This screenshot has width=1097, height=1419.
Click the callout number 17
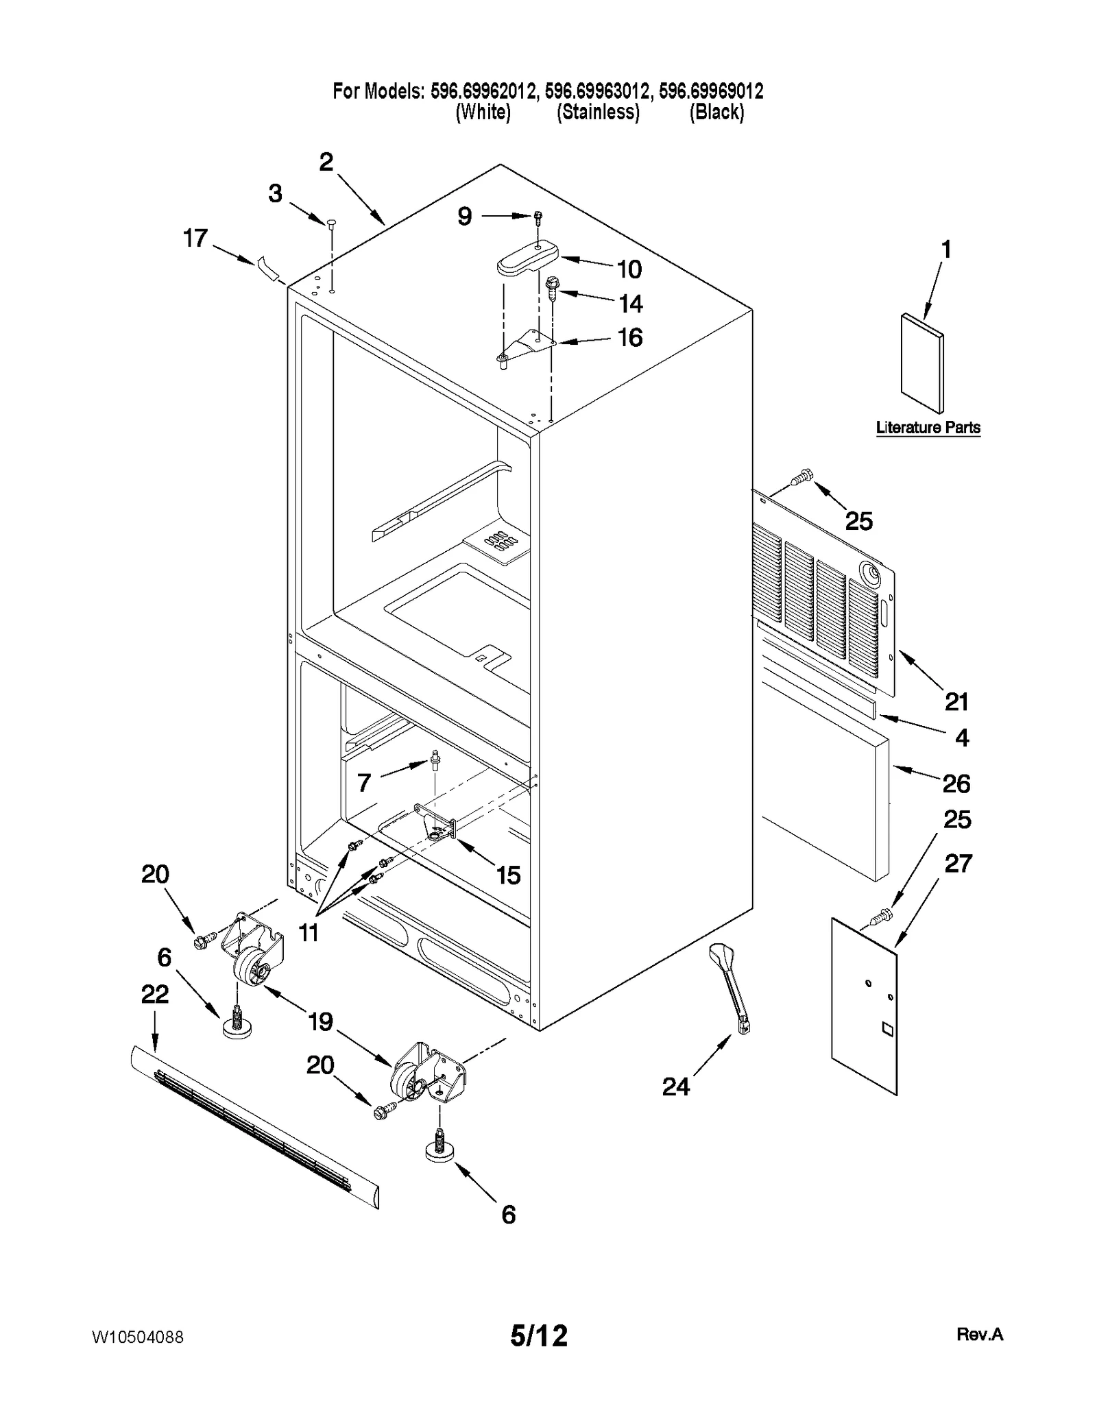point(195,239)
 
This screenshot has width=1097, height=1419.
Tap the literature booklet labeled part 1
point(921,364)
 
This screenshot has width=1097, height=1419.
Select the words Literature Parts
point(928,428)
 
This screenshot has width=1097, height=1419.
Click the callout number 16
point(630,337)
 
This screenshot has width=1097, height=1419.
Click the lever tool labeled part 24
point(732,988)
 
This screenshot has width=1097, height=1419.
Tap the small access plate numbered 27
point(863,1005)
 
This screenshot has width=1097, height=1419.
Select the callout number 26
point(956,784)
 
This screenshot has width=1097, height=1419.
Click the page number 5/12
point(539,1336)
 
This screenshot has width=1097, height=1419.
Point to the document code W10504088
point(137,1337)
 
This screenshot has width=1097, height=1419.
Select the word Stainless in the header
point(598,112)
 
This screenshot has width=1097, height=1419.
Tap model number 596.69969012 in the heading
point(711,90)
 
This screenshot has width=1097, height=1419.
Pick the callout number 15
point(508,875)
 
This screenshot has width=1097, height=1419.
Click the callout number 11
point(309,932)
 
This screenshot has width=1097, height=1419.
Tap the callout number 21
point(956,701)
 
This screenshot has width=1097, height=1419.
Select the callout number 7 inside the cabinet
point(364,782)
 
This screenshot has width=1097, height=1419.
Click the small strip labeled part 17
point(269,268)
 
